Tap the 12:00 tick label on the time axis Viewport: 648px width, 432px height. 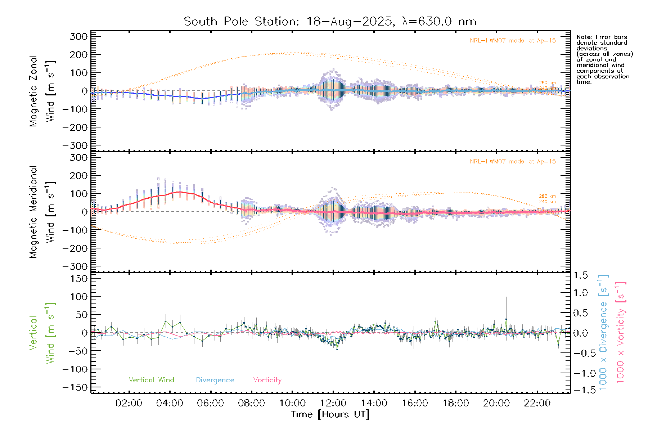(333, 403)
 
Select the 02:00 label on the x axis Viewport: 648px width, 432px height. (129, 403)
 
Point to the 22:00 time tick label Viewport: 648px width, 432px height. (537, 403)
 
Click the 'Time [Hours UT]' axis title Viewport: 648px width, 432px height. (330, 414)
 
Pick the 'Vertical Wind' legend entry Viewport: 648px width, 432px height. (151, 380)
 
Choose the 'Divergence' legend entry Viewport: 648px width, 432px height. (215, 380)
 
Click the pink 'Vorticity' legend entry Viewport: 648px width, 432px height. (267, 380)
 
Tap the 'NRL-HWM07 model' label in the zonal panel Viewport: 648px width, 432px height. (513, 41)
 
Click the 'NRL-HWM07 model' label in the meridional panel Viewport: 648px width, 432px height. (513, 162)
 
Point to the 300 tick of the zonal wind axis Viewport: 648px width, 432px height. (79, 36)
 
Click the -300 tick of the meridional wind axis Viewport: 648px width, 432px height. (75, 266)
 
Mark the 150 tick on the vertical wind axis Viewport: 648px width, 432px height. (79, 279)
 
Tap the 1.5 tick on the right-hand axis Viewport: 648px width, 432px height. (581, 275)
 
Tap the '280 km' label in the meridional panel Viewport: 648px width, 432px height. (547, 196)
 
